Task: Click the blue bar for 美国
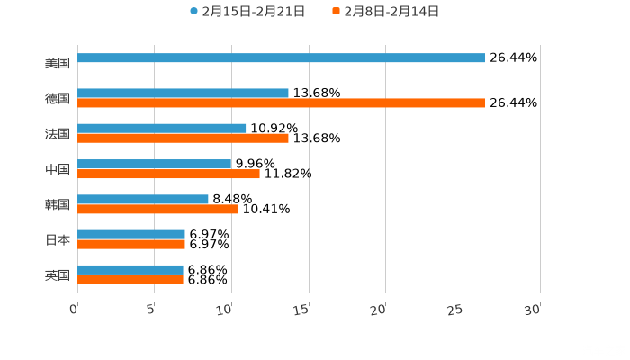tap(281, 58)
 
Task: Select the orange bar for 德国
tap(281, 103)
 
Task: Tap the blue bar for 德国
tap(183, 94)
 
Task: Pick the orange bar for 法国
tap(183, 139)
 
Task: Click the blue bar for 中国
tap(154, 165)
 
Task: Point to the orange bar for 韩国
tap(157, 209)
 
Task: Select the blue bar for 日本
tap(131, 235)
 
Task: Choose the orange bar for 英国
tap(130, 280)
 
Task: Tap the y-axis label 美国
tap(58, 63)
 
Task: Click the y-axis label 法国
tap(58, 134)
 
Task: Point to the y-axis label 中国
tap(58, 169)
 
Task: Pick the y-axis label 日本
tap(58, 239)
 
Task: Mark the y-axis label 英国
tap(58, 274)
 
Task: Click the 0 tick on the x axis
tap(75, 309)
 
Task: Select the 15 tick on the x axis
tap(304, 309)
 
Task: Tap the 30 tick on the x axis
tap(533, 309)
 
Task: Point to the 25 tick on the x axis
tap(456, 309)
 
